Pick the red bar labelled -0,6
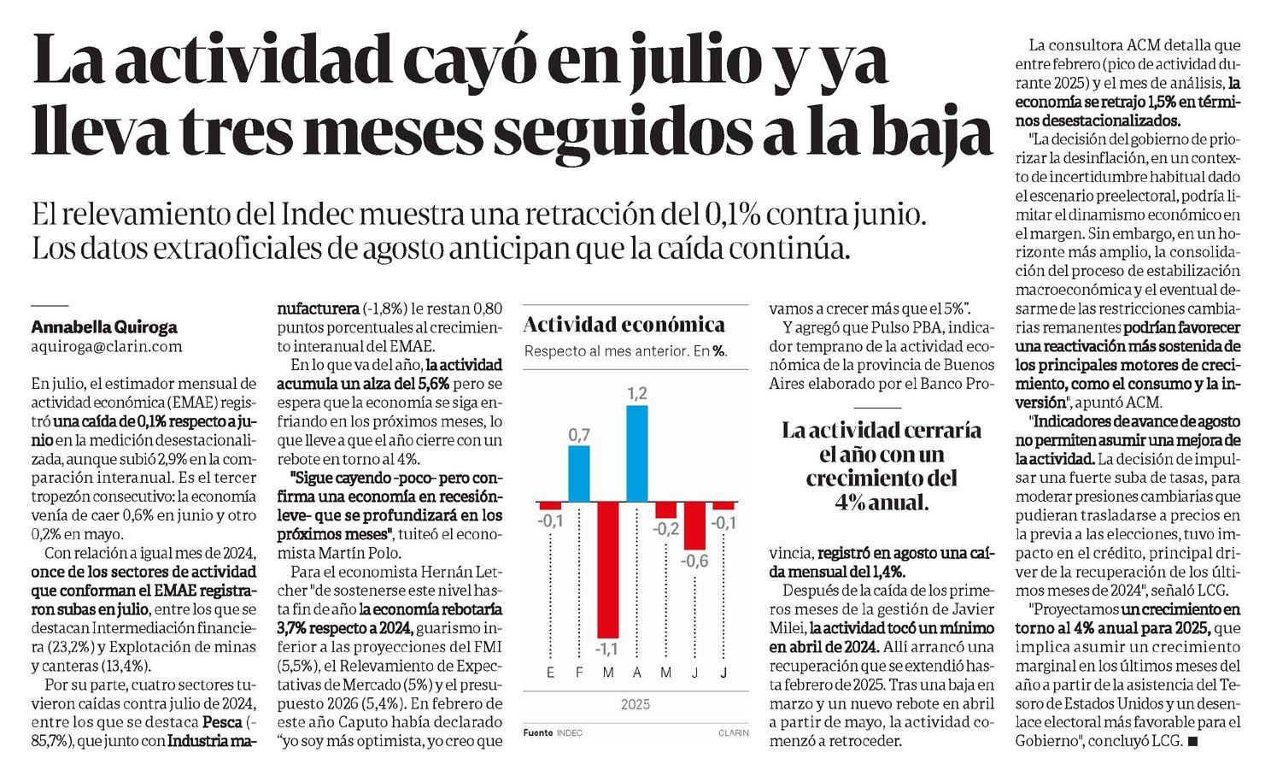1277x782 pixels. (694, 526)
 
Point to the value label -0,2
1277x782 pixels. (665, 529)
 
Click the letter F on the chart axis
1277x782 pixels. (579, 673)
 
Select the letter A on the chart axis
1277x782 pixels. (636, 673)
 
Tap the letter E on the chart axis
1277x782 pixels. (551, 673)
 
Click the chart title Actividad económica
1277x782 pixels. (624, 325)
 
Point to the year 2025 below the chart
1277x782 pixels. (636, 704)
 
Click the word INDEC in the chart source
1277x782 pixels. (569, 732)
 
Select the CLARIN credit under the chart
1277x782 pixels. (733, 732)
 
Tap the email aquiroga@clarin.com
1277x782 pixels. (107, 346)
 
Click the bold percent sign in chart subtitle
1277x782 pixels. (719, 351)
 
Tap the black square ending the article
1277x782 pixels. (1192, 743)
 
